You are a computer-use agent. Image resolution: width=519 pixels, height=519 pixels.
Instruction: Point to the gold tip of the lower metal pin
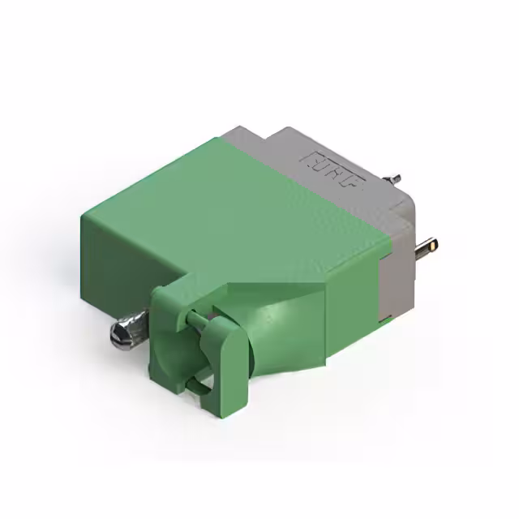coord(435,243)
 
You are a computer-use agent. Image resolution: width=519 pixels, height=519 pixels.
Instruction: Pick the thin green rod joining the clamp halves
coord(195,320)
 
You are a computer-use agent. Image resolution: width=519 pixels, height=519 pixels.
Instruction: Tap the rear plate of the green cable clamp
coord(165,324)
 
